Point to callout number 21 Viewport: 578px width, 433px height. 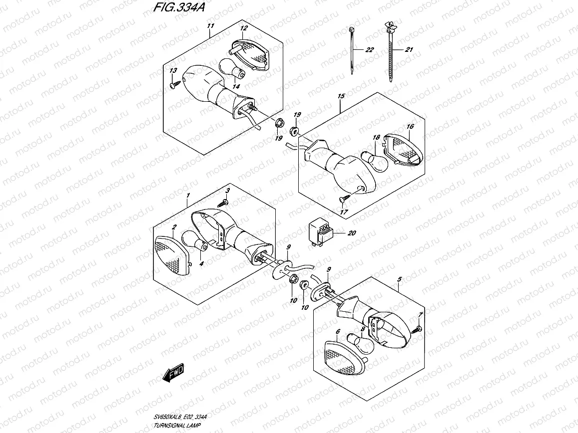(409, 50)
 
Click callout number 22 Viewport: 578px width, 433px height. (369, 50)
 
